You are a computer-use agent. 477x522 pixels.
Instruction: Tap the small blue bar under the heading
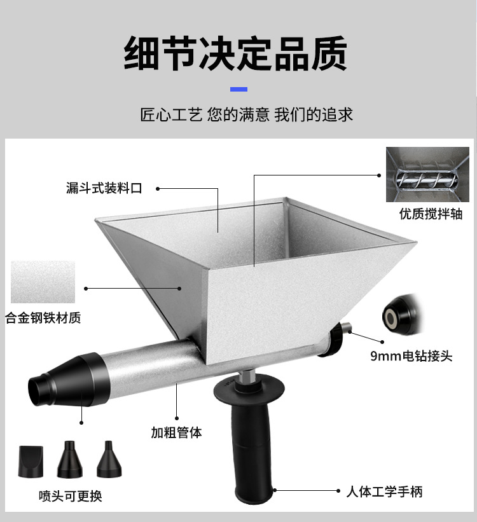(x=238, y=89)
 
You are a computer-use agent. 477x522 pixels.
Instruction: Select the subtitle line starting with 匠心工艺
(x=246, y=115)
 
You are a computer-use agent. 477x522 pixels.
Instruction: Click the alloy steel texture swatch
(x=43, y=282)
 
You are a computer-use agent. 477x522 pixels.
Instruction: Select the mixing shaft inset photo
(x=427, y=175)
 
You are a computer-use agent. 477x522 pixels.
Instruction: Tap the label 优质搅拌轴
(x=431, y=214)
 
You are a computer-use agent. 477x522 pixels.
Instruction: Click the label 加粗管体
(x=176, y=433)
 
